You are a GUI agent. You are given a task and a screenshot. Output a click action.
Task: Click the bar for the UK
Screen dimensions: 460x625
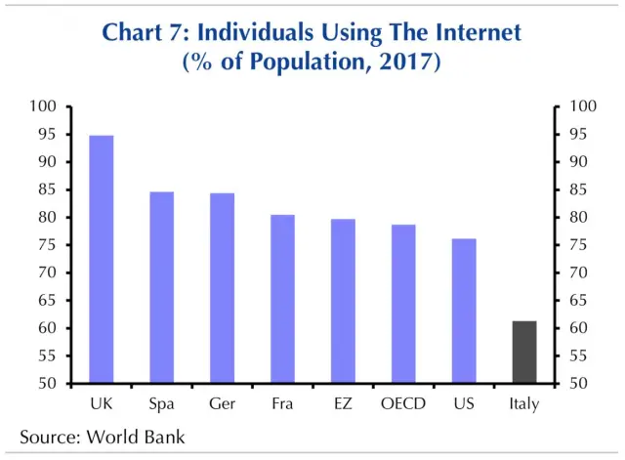(x=102, y=259)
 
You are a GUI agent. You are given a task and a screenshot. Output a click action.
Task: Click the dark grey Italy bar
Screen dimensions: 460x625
(x=524, y=352)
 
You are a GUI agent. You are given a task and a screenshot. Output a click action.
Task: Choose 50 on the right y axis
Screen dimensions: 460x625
(x=572, y=384)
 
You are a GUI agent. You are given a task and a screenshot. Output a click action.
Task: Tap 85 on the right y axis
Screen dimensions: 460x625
(x=572, y=189)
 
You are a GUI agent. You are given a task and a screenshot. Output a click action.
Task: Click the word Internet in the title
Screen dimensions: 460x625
(x=468, y=33)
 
